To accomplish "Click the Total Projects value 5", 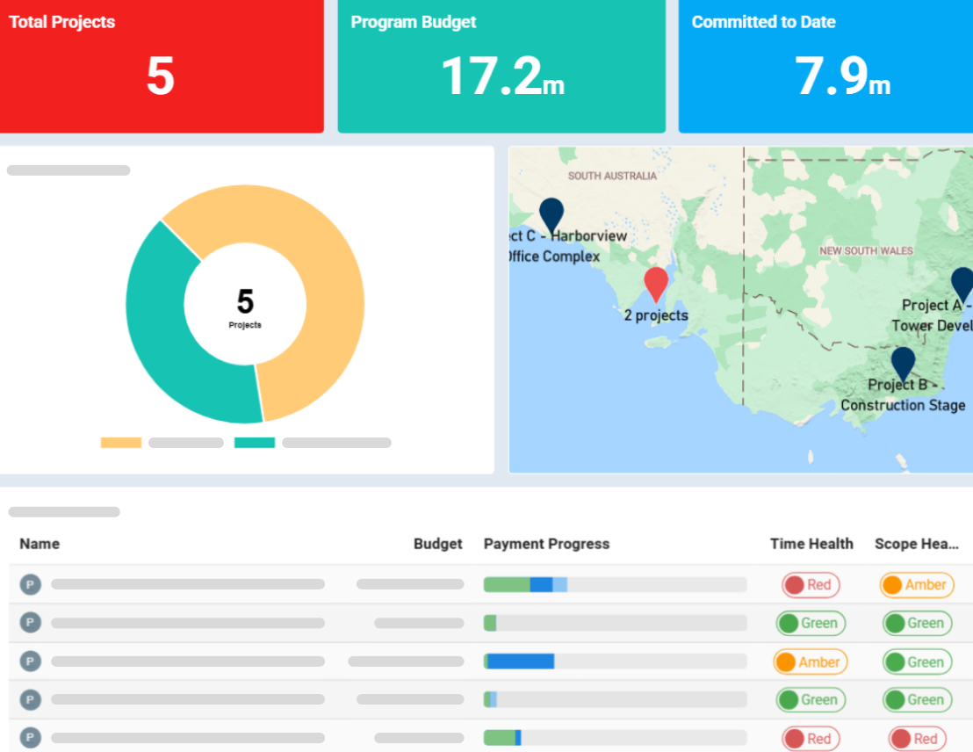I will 161,76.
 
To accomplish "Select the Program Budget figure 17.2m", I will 501,76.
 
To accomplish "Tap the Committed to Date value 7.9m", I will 842,76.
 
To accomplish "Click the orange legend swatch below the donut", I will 121,443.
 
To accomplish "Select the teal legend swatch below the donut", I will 255,443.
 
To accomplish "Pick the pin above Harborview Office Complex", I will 551,214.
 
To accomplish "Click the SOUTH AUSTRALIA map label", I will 612,176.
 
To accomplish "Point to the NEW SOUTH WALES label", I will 866,250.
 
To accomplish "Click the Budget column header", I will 437,544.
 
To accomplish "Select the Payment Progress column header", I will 546,544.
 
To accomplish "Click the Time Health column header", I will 811,544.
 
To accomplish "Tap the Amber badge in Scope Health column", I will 916,585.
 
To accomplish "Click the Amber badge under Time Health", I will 810,662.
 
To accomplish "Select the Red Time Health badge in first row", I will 810,585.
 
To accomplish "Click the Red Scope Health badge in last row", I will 916,739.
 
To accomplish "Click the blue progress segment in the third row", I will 520,662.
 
